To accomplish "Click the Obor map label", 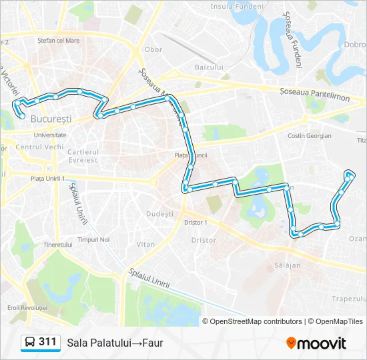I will (x=153, y=49).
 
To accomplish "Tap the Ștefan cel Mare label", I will (x=59, y=41).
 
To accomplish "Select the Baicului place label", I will (x=208, y=67).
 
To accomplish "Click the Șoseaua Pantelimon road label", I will (x=315, y=98).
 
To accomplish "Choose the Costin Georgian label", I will (x=310, y=135).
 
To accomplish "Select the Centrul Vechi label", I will (x=39, y=147).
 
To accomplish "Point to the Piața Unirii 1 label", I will (x=47, y=179).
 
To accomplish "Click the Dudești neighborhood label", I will (x=159, y=214).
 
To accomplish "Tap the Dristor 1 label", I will (x=196, y=222).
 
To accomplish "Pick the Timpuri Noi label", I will (x=93, y=239).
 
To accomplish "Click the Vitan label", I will (x=145, y=245).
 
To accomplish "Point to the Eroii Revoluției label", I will (x=27, y=308).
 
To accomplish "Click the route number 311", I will (x=47, y=342).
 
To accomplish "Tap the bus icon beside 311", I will (x=31, y=343).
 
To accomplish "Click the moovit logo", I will (x=316, y=343).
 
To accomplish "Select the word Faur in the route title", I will (x=151, y=343).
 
